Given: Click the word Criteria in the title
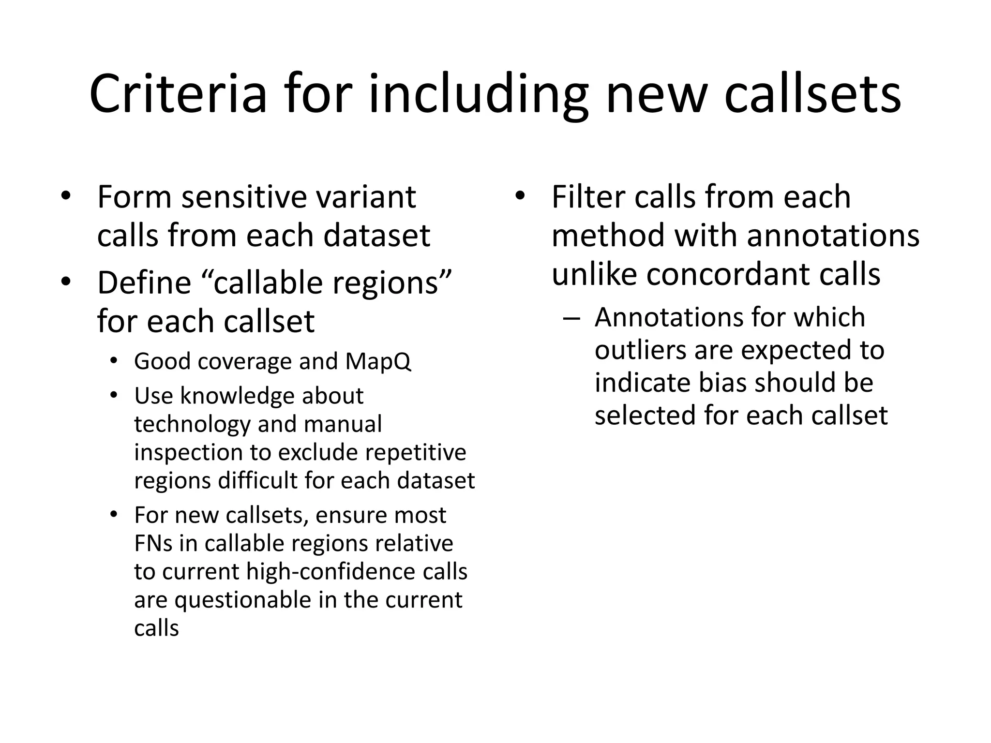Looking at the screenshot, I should click(178, 94).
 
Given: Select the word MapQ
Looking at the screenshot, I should click(378, 361).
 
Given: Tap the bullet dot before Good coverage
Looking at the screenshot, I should click(114, 361).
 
